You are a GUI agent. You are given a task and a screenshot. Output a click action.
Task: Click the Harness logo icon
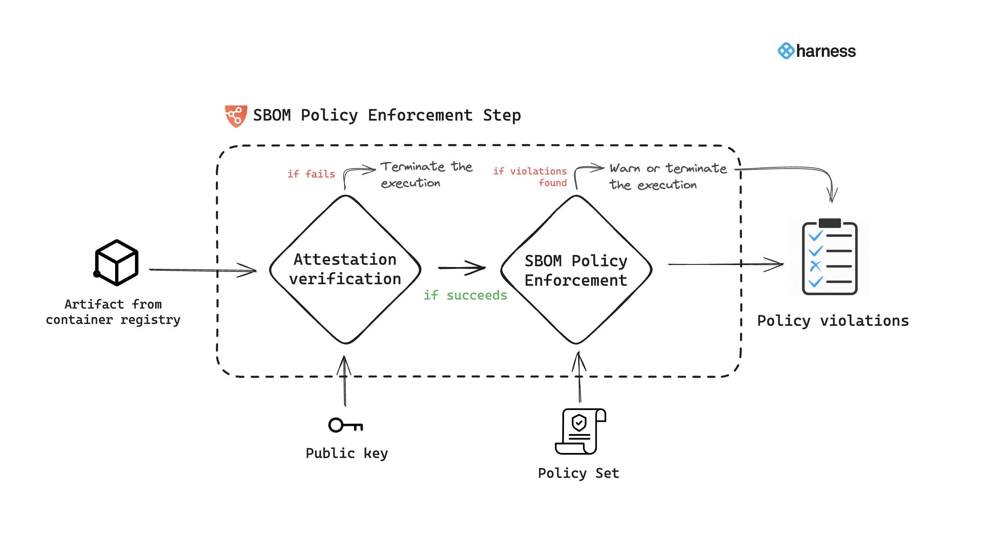tap(786, 51)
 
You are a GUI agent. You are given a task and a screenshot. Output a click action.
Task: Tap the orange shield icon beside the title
tap(236, 116)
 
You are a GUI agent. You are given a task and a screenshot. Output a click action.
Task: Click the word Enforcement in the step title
tap(420, 115)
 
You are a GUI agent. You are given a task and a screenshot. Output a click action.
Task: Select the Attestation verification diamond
tap(345, 270)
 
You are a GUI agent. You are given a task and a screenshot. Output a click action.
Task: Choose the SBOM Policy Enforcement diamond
tap(576, 270)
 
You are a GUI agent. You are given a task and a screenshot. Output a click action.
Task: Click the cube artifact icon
tap(117, 263)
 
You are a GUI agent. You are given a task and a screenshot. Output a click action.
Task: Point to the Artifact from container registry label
tap(113, 312)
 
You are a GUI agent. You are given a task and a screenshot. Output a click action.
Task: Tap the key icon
tap(345, 425)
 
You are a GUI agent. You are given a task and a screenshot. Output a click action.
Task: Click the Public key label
tap(347, 453)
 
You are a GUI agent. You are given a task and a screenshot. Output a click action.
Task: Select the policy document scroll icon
tap(580, 431)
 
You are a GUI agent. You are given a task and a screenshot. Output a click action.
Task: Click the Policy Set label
tap(578, 473)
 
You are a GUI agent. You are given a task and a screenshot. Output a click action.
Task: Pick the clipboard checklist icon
tap(830, 257)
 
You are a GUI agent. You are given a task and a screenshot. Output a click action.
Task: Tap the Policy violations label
tap(833, 321)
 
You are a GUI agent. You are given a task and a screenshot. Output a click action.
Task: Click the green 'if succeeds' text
tap(465, 295)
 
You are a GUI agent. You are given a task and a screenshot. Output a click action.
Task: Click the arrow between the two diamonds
tap(462, 268)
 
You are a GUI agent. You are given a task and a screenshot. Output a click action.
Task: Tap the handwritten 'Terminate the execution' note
tap(426, 175)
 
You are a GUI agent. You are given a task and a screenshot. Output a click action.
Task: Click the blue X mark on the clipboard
tap(815, 266)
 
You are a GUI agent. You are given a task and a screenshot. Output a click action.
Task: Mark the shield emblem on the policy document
tap(579, 422)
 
